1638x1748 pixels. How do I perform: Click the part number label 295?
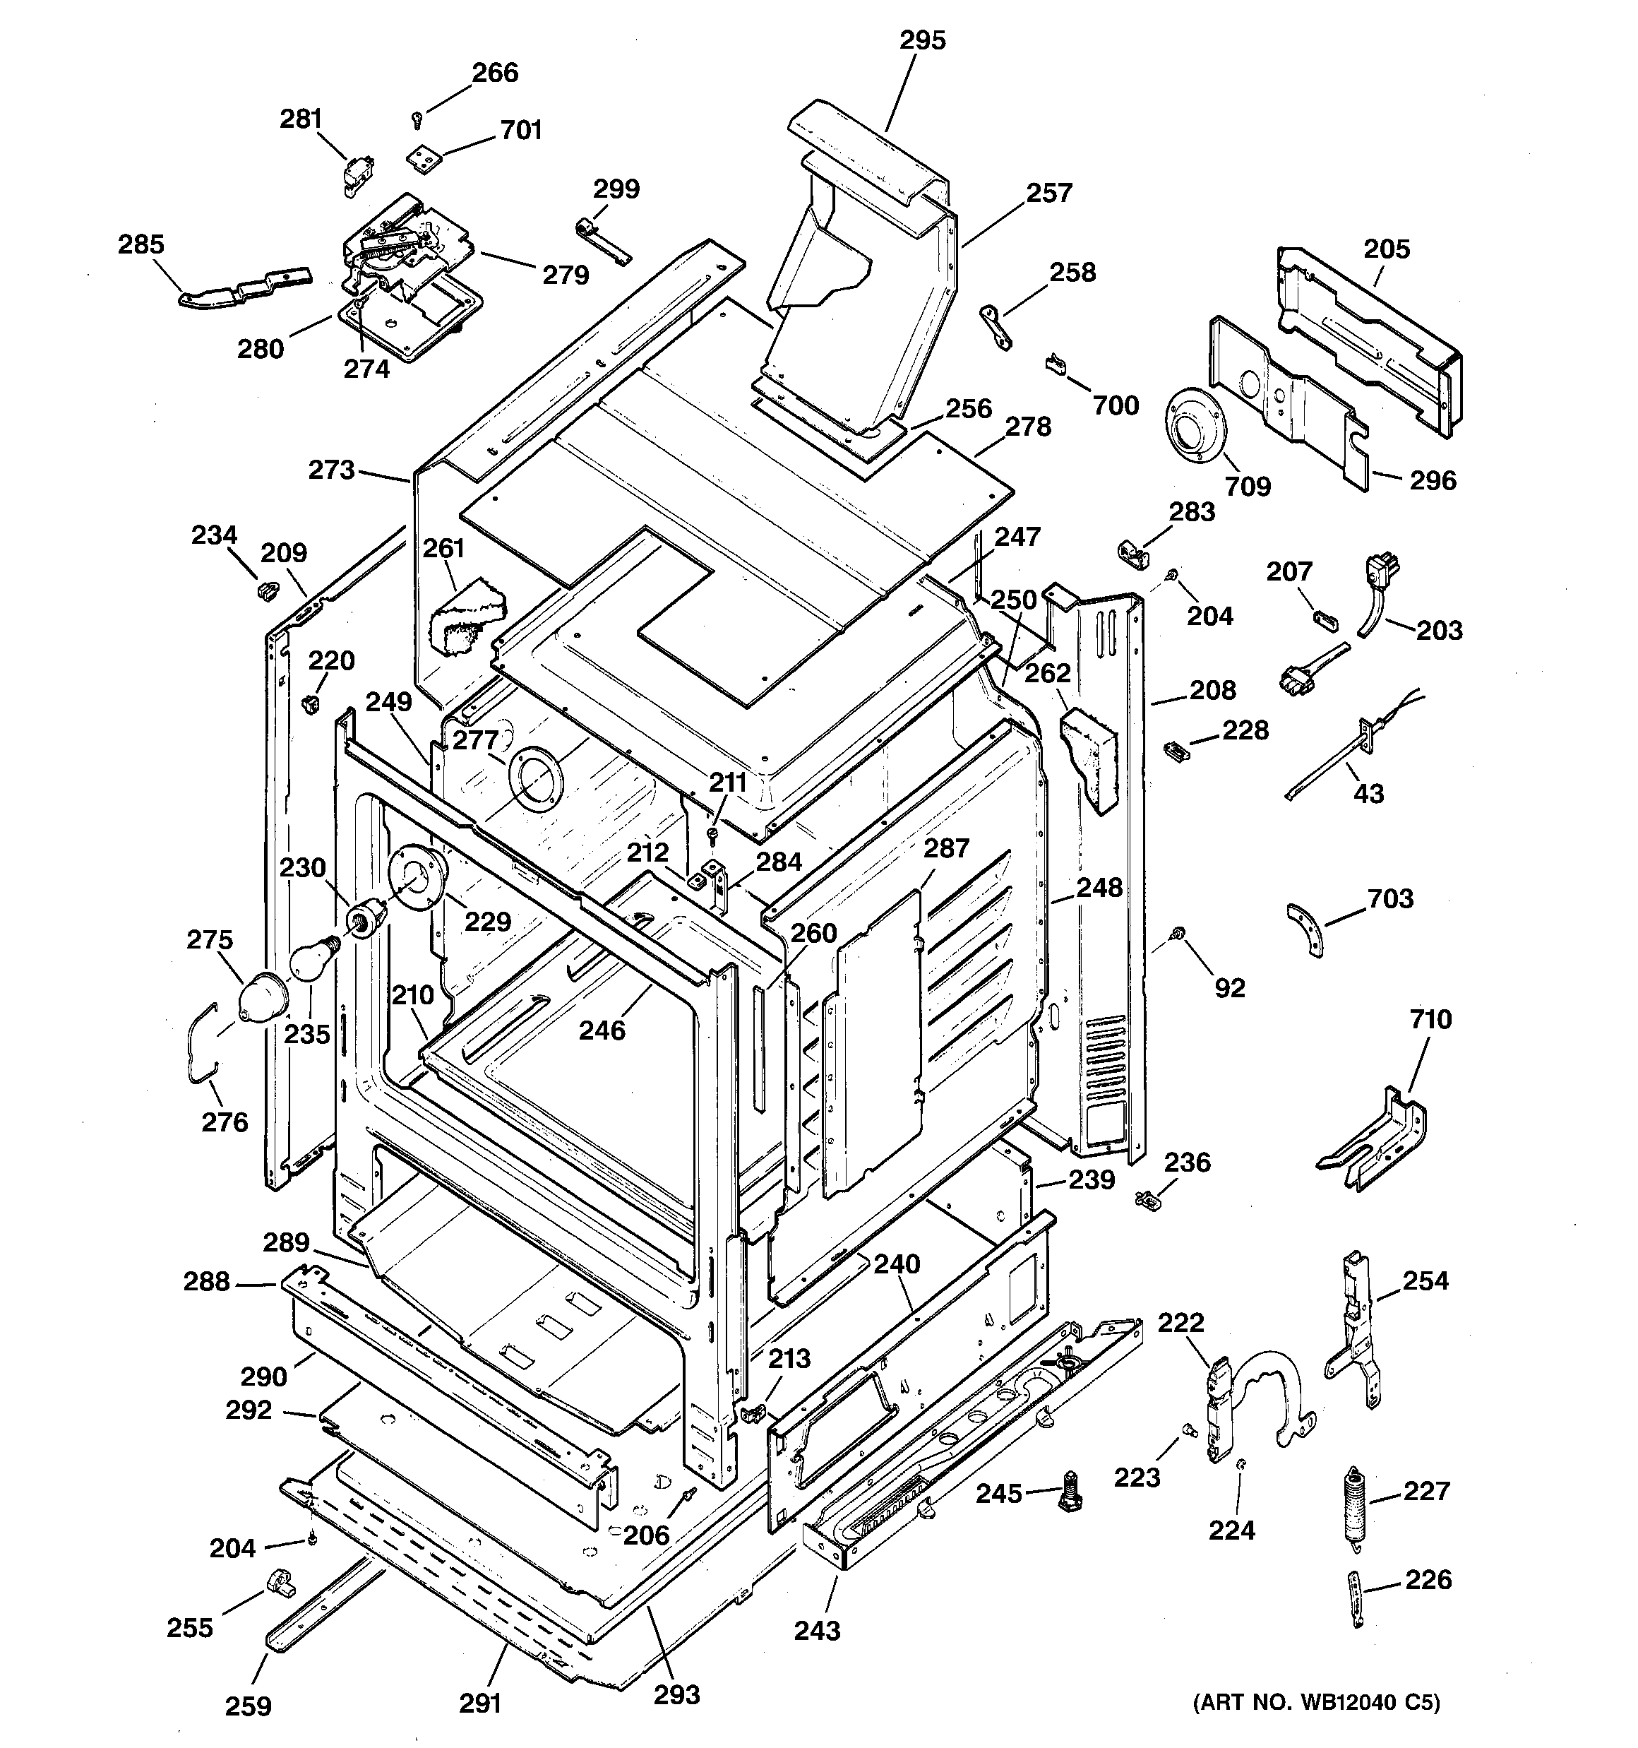(x=922, y=40)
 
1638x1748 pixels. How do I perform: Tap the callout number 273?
(x=331, y=470)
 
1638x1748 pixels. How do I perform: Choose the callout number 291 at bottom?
(x=480, y=1704)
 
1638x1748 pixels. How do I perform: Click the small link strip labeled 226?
(x=1358, y=1600)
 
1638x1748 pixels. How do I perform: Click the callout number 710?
(x=1430, y=1019)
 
